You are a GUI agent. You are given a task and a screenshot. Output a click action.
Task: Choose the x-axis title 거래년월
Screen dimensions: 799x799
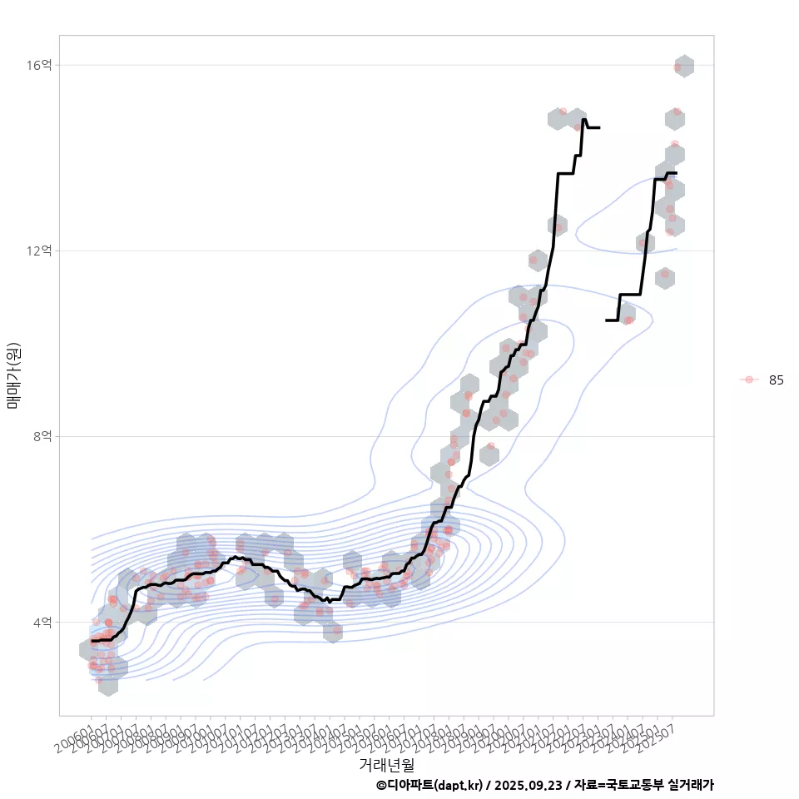pyautogui.click(x=386, y=764)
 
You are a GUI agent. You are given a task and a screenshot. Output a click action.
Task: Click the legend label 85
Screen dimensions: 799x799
pyautogui.click(x=776, y=380)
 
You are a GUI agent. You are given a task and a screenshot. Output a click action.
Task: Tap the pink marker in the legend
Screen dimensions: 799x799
pyautogui.click(x=749, y=380)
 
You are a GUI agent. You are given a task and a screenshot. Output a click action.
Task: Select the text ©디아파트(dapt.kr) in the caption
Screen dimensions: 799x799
pyautogui.click(x=429, y=785)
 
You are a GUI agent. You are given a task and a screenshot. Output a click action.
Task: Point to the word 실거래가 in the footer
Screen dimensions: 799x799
pyautogui.click(x=689, y=785)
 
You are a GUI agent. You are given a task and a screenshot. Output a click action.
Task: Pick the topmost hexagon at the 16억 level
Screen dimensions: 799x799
pyautogui.click(x=683, y=66)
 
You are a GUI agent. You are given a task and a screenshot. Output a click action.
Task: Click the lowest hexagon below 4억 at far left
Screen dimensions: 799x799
pyautogui.click(x=107, y=685)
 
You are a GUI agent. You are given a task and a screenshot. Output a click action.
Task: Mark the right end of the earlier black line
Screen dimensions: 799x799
pyautogui.click(x=599, y=127)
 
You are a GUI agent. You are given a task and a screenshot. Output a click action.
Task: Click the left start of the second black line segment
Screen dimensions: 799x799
pyautogui.click(x=607, y=320)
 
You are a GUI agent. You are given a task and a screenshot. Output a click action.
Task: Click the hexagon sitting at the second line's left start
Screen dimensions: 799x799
pyautogui.click(x=625, y=314)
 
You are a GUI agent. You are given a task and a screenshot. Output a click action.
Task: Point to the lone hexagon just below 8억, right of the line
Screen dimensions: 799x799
pyautogui.click(x=489, y=454)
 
